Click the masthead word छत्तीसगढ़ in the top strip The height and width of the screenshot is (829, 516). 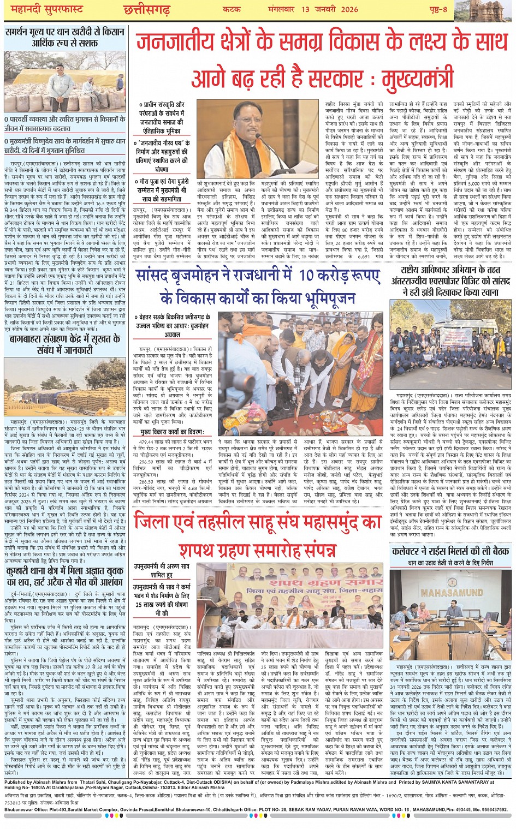coord(146,10)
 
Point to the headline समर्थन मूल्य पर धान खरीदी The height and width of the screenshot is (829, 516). coord(65,37)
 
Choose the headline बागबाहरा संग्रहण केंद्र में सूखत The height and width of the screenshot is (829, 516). coord(65,345)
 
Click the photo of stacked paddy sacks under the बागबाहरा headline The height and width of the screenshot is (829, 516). coord(65,387)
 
